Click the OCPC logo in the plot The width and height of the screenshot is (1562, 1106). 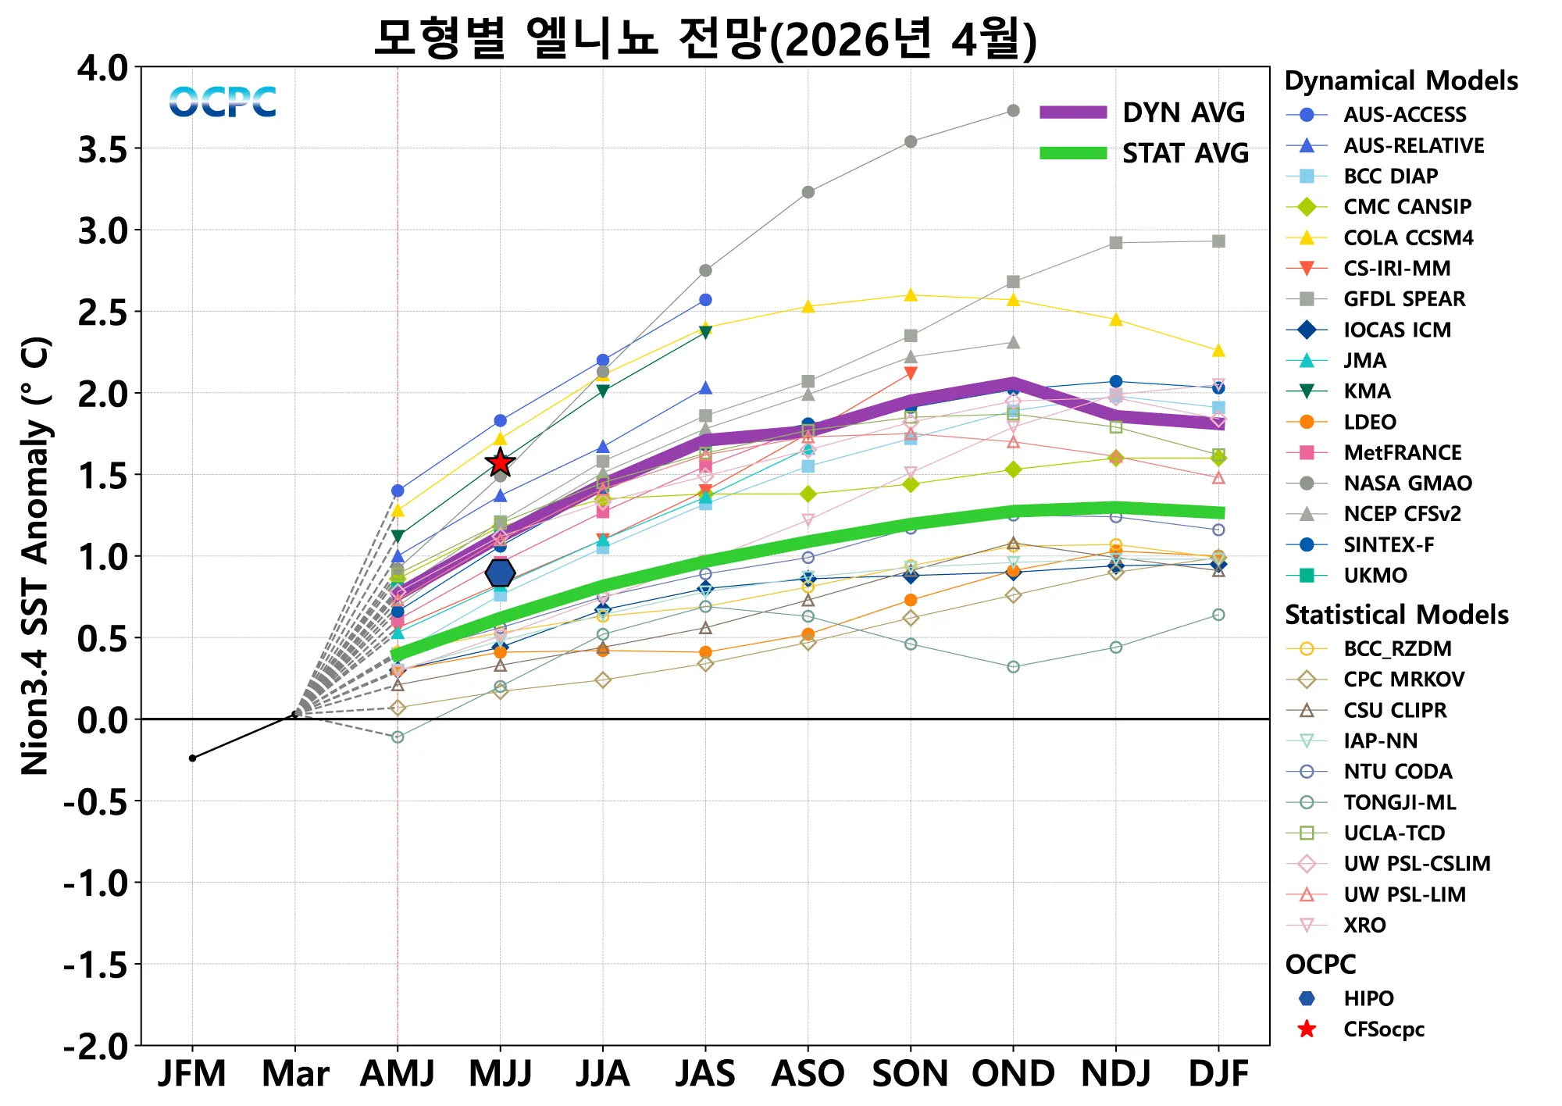point(223,102)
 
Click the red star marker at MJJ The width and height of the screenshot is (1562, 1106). point(500,463)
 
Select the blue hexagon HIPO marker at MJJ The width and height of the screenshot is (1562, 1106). point(500,573)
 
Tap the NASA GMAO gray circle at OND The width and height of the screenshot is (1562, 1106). point(1013,111)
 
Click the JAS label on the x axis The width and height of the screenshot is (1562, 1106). point(705,1074)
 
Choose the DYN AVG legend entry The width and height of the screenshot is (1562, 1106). point(1144,112)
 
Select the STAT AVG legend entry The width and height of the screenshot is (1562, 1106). point(1144,153)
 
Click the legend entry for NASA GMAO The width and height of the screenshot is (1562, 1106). point(1407,483)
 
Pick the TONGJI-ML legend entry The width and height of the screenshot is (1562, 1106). point(1399,802)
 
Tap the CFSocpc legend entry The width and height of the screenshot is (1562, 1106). point(1383,1029)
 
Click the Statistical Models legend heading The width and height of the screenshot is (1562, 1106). point(1396,615)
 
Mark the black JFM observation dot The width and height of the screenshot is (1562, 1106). point(192,758)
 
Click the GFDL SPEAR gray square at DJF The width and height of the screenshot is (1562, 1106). point(1218,241)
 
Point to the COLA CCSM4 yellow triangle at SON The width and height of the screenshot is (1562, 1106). point(911,295)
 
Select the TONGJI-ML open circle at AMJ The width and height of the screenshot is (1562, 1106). point(398,737)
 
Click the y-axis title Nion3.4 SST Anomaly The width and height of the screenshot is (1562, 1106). point(36,555)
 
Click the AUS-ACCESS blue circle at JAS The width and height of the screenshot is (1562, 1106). point(705,300)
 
